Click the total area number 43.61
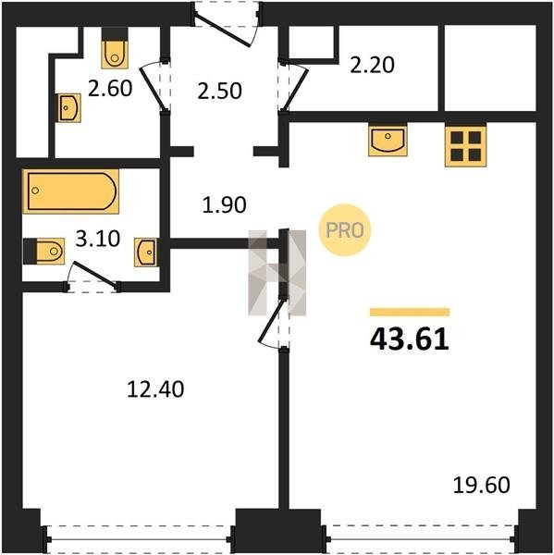(x=409, y=339)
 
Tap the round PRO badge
(x=344, y=230)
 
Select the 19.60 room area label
(x=482, y=485)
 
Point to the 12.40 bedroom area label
(x=155, y=389)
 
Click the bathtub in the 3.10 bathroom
(x=71, y=191)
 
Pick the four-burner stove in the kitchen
(x=465, y=146)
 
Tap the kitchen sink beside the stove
(x=388, y=141)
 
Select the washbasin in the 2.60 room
(x=68, y=108)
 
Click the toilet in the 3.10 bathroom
(x=43, y=251)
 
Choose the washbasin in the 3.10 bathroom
(x=146, y=252)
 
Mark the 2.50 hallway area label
(x=219, y=91)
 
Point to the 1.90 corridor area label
(x=224, y=205)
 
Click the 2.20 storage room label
(x=372, y=65)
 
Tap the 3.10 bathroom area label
(x=98, y=239)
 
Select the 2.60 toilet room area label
(x=110, y=88)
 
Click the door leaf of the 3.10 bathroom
(x=94, y=274)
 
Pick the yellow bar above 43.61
(x=410, y=312)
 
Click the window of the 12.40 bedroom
(x=139, y=539)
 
